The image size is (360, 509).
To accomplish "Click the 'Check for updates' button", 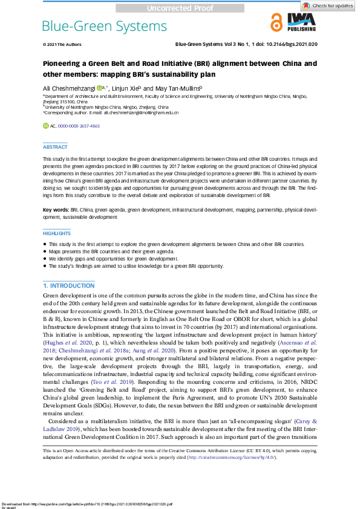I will (332, 5).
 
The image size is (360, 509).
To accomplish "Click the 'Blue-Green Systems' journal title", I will (104, 26).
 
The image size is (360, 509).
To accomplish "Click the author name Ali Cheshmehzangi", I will (68, 88).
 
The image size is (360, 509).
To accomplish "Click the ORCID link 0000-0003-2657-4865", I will (79, 126).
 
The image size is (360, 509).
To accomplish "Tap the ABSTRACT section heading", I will (55, 147).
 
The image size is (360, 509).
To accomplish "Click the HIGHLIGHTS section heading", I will (57, 233).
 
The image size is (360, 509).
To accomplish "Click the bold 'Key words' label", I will (55, 209).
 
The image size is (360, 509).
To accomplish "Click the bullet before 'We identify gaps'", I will (45, 258).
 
